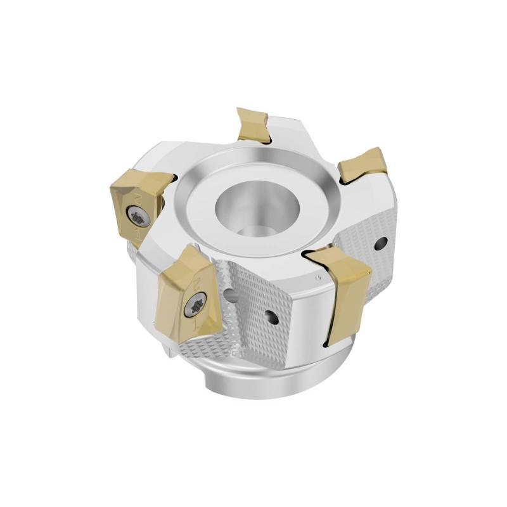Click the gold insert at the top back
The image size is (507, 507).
tap(252, 124)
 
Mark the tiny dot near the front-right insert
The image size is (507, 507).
tap(315, 278)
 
